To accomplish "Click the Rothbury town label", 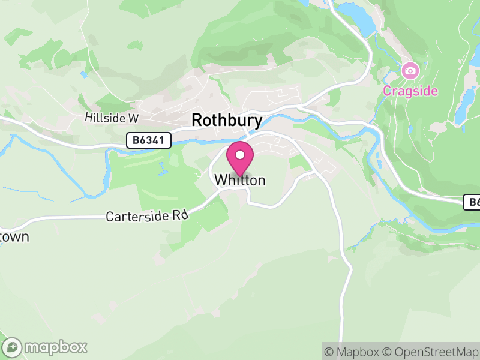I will [x=227, y=121].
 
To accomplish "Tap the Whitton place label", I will [x=239, y=180].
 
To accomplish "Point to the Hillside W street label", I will [x=112, y=118].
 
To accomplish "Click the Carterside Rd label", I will [x=147, y=215].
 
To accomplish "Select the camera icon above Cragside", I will [x=410, y=71].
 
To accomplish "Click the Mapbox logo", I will [x=46, y=347].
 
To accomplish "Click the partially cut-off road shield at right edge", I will [x=472, y=203].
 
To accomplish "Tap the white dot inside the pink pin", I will [x=240, y=155].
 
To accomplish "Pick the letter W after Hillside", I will [x=133, y=118].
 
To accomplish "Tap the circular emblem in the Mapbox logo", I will [x=12, y=347].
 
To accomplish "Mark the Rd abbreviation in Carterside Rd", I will [x=181, y=214].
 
